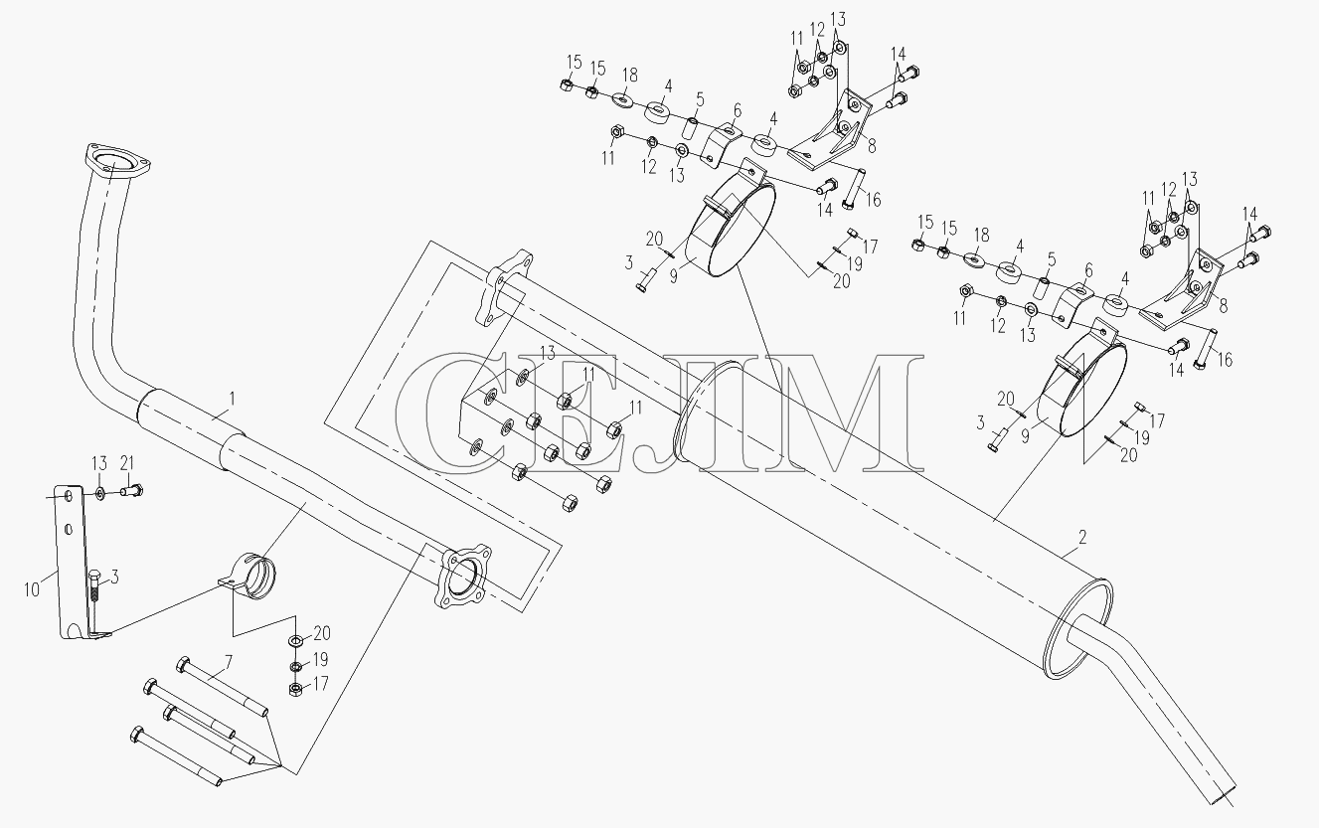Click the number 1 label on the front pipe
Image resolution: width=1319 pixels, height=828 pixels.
[232, 400]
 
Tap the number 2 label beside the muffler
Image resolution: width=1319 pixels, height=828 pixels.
[1081, 537]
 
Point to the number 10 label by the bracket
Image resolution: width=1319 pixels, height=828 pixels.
[31, 588]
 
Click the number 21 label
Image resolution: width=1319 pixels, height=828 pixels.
[128, 463]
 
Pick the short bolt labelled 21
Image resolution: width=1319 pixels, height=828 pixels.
[132, 490]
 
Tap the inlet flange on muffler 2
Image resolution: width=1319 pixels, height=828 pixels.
[504, 287]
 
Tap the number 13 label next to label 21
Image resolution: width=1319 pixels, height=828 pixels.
[99, 463]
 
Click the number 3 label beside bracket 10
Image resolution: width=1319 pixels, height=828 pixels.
[115, 578]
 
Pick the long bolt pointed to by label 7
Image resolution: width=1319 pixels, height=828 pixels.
[222, 687]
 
